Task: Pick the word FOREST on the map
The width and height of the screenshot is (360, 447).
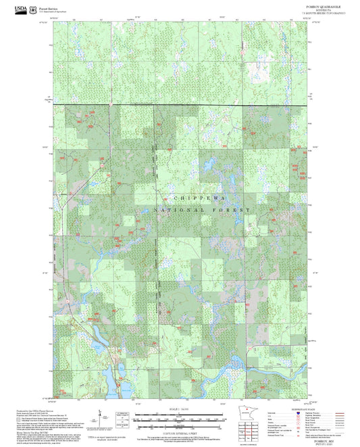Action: [234, 211]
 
